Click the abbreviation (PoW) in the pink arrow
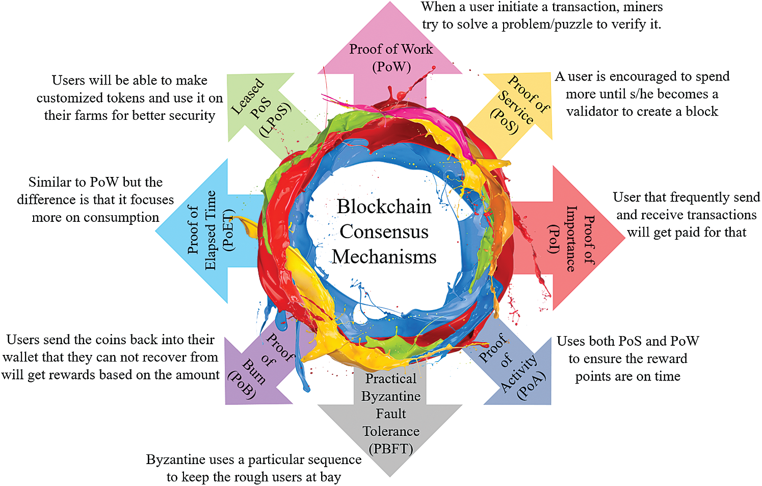(391, 67)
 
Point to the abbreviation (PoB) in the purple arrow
(242, 385)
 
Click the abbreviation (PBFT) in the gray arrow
(390, 449)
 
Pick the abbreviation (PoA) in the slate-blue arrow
(531, 386)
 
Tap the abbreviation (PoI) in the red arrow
(553, 238)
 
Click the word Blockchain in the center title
(384, 207)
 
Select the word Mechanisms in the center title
(384, 257)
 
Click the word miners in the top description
(638, 7)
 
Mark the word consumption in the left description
(121, 218)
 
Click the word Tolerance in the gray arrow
(391, 431)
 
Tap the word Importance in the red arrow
(571, 238)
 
